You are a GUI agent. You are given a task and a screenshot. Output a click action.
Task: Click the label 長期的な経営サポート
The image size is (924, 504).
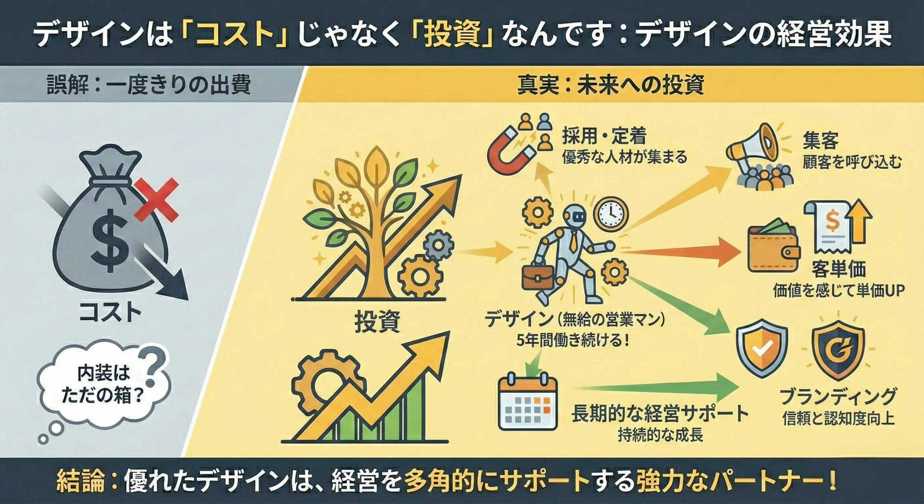pos(659,413)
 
